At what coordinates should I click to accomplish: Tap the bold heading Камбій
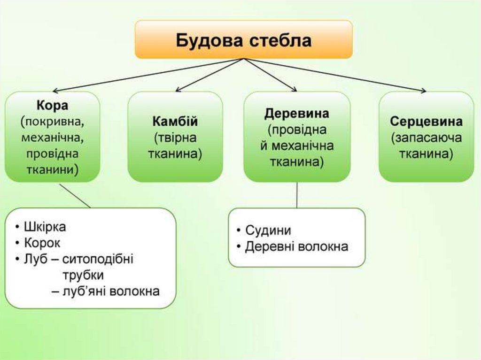point(175,122)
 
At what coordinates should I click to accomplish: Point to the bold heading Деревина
point(297,114)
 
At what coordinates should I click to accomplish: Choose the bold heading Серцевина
point(426,122)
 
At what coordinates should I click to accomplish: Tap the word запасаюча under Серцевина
point(426,138)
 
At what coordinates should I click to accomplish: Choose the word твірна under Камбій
point(175,138)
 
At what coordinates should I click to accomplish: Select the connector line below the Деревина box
point(297,195)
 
